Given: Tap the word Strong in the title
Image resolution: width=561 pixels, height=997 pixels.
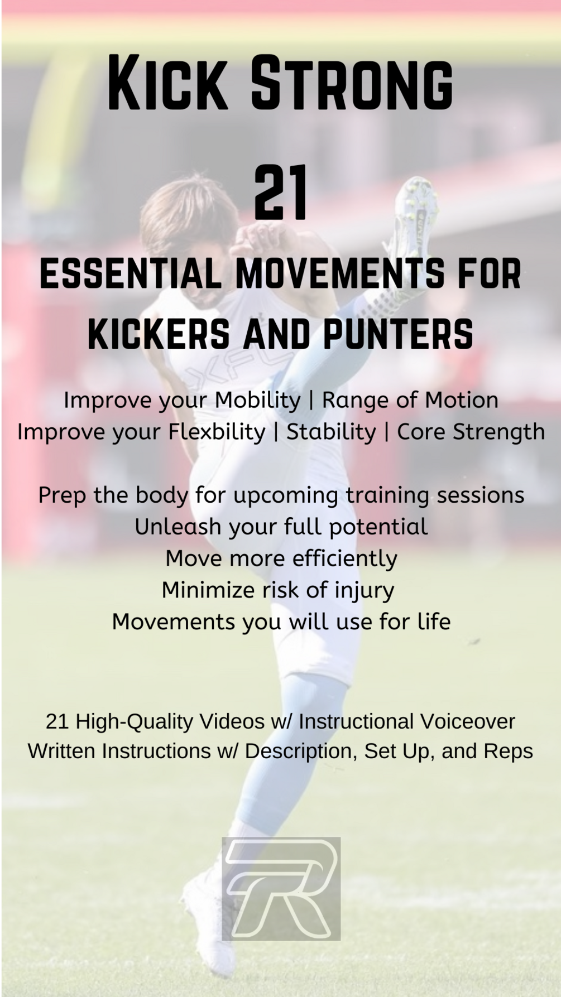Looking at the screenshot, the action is [x=352, y=83].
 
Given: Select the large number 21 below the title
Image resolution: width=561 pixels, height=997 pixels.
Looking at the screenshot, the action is [x=280, y=192].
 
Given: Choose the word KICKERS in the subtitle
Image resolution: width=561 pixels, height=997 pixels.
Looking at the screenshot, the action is [x=159, y=334].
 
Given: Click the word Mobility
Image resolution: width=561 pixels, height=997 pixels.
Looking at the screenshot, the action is [x=258, y=401].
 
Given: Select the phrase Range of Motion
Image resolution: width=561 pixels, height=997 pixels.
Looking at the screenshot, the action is [x=410, y=400].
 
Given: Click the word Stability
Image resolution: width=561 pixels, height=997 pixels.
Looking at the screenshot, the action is [x=331, y=432].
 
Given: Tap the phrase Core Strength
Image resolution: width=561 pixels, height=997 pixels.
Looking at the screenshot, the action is [x=471, y=432].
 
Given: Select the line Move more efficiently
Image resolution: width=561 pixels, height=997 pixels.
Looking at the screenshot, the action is [x=281, y=558].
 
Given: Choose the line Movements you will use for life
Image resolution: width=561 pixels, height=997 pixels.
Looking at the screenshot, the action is [x=281, y=622].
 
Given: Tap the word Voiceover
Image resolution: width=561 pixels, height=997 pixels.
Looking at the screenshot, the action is [x=468, y=721].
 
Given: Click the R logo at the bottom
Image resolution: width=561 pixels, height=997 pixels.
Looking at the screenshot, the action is [x=281, y=888].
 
